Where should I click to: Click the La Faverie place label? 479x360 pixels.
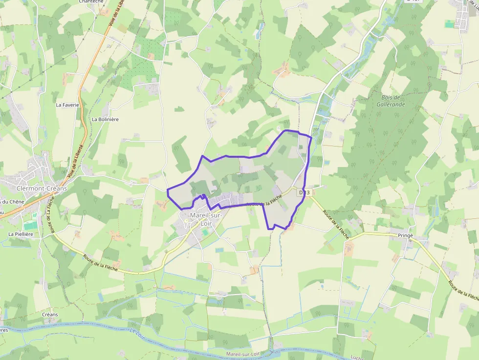[67, 105]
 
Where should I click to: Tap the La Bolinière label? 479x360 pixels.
[105, 119]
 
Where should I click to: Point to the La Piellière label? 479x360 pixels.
[21, 234]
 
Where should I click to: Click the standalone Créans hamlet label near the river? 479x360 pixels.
[50, 314]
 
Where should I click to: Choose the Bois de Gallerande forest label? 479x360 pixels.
[391, 101]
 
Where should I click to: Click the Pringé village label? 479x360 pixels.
[405, 235]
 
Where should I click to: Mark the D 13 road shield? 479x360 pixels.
[304, 192]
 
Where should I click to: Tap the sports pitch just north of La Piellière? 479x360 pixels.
[30, 225]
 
